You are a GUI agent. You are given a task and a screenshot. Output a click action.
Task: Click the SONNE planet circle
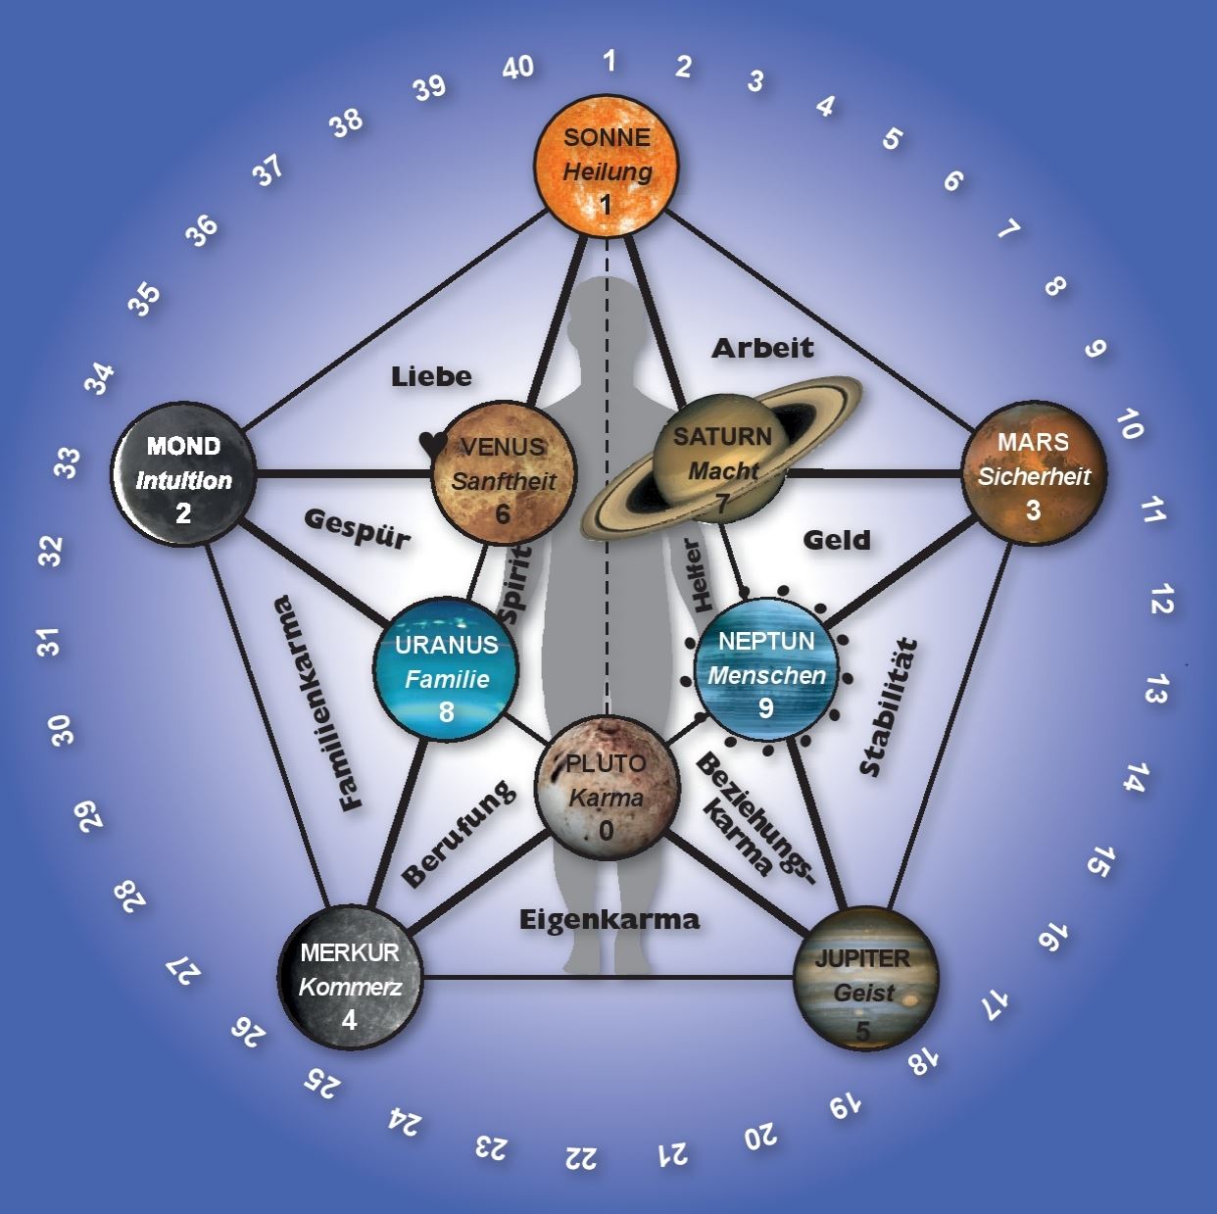607,169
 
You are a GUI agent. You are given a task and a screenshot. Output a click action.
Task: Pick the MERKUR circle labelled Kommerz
350,984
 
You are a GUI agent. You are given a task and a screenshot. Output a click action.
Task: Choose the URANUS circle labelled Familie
446,668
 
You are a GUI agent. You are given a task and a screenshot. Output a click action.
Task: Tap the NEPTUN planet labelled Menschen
766,669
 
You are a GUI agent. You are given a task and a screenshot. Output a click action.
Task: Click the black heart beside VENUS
432,444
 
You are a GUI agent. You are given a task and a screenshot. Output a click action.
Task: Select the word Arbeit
762,347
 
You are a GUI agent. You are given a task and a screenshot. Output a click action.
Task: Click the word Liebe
431,376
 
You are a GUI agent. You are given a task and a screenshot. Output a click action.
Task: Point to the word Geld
837,540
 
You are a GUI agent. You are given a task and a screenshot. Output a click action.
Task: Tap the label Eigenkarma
608,919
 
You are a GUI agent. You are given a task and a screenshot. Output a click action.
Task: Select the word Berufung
458,833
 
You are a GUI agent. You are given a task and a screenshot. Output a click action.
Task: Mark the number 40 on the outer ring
517,68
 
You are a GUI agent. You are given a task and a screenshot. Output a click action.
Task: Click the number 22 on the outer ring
581,1157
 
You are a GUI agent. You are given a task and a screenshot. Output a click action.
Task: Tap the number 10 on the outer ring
1129,425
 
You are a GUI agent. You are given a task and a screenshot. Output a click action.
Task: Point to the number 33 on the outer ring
67,462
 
